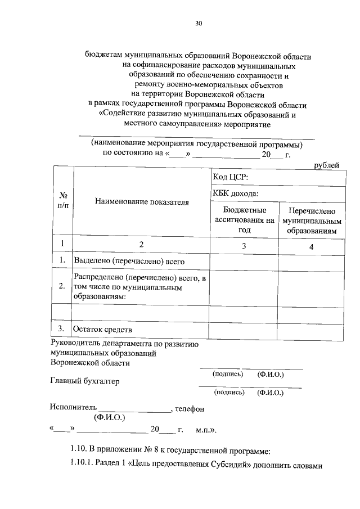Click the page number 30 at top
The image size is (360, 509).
point(198,23)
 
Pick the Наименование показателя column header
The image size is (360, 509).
point(142,201)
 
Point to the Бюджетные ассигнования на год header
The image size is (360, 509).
point(244,219)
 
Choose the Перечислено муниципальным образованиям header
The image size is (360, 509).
point(312,219)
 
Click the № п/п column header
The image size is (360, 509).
point(62,201)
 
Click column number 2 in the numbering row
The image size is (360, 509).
point(142,245)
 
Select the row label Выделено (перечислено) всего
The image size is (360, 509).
point(130,261)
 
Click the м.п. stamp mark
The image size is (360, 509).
point(206,430)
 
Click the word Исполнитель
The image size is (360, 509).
point(73,408)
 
